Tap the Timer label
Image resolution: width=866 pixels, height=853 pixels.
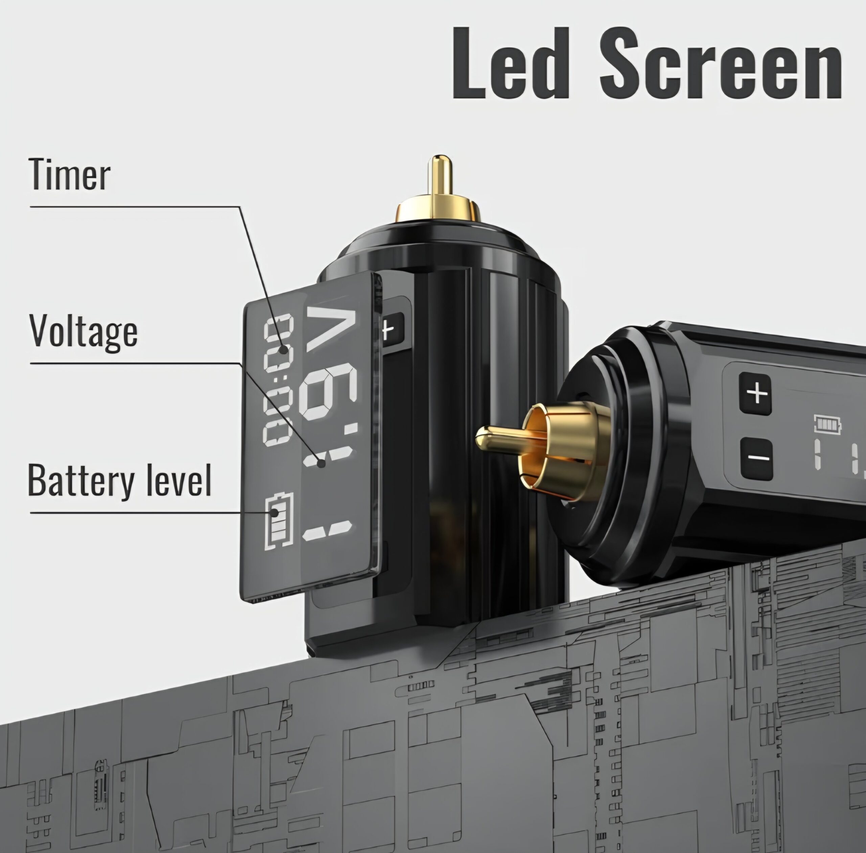(x=69, y=175)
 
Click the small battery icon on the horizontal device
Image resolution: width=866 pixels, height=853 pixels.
(x=826, y=423)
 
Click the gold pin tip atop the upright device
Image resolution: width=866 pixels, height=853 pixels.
(x=439, y=172)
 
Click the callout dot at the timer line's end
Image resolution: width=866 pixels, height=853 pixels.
(x=283, y=349)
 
